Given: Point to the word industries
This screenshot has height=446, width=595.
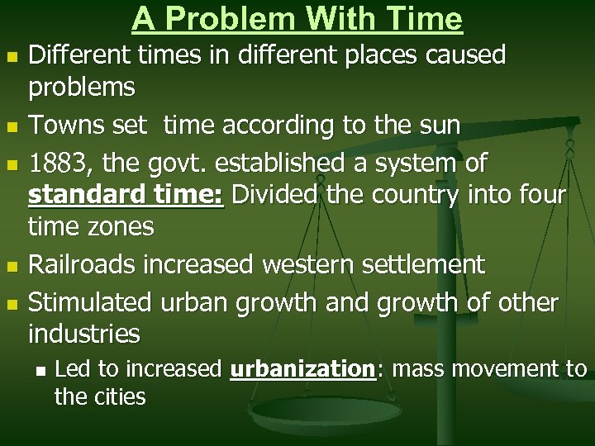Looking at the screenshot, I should [84, 334].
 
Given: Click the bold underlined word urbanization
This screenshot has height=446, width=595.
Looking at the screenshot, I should [302, 368].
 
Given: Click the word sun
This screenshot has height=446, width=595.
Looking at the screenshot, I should [440, 126].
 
